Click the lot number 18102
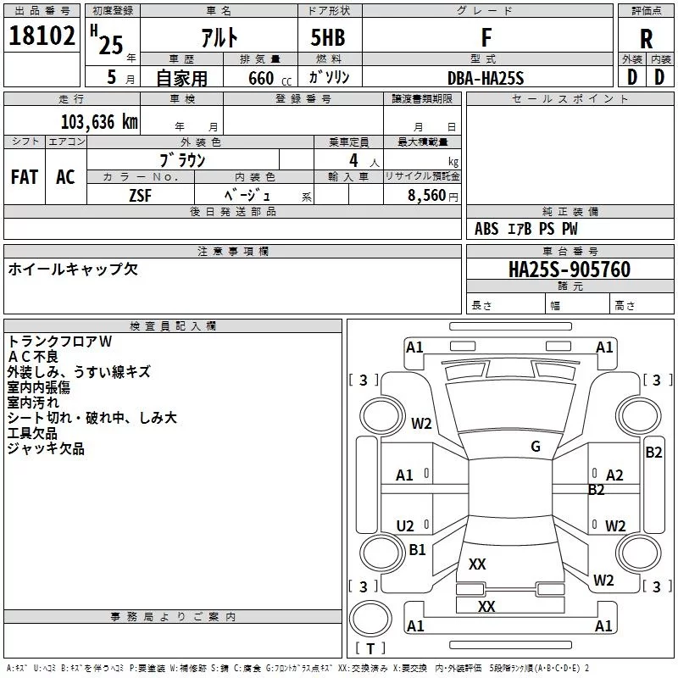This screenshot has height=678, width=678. coord(42,36)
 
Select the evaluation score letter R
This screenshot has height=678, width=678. coord(646,39)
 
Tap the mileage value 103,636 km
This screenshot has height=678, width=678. coord(99,122)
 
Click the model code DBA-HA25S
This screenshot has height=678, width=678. coord(485,78)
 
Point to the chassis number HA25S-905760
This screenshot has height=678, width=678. coord(569,270)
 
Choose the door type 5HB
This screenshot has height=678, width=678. coord(328,37)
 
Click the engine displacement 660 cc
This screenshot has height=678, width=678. coord(270,79)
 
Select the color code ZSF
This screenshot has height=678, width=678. coord(140,196)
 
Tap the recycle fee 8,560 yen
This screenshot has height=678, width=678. coord(432,196)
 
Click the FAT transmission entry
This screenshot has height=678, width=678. coord(25,177)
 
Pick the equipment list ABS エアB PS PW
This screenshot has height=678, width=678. coord(525,229)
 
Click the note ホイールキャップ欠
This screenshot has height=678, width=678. coord(73,270)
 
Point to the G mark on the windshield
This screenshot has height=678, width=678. coord(536,447)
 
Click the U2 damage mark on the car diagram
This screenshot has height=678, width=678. coord(405,525)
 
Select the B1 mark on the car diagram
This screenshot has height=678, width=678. coord(417,549)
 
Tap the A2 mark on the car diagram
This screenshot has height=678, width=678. coord(614,475)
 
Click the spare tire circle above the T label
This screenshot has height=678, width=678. coord(370,618)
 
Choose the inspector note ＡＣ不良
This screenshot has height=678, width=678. coord(32,357)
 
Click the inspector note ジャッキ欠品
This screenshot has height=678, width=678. coord(46,448)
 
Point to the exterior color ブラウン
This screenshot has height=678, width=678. coord(182,160)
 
